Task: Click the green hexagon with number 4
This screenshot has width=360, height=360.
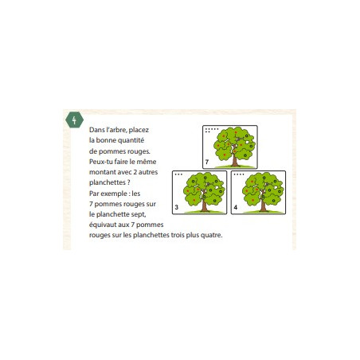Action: (74, 120)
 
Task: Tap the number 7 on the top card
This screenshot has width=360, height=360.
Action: (207, 162)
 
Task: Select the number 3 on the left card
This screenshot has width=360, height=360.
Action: (177, 207)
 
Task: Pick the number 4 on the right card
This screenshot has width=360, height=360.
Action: (236, 207)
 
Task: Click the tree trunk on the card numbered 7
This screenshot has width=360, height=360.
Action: (235, 159)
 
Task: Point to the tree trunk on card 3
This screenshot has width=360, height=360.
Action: (204, 205)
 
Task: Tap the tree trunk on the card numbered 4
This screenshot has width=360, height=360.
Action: (263, 205)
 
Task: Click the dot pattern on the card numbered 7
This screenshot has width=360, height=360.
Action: (212, 130)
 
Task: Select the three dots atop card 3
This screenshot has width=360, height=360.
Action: (178, 174)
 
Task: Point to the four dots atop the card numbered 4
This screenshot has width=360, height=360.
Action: (239, 174)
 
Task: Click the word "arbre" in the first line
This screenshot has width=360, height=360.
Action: (116, 130)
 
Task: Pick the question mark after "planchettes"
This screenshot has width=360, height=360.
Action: (128, 182)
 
